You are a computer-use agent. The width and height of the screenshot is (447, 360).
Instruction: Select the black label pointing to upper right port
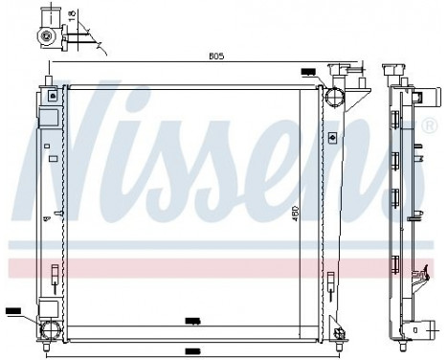pos(308,72)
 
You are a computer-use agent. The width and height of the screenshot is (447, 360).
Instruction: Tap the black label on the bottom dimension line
pos(191,350)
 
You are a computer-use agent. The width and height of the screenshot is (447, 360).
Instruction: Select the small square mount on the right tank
pos(330,138)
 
